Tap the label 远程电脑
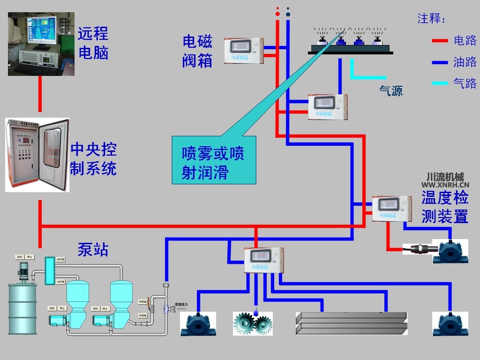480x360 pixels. coord(93,43)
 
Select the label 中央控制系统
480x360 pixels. coord(93,159)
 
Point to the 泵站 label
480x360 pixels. coord(93,249)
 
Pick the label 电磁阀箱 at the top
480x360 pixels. coord(197,51)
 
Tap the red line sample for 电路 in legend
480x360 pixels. coord(440,41)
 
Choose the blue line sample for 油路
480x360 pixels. coord(440,62)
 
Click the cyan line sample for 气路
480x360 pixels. coord(440,83)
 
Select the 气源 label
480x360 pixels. coord(391,90)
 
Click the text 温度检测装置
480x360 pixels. coord(444,207)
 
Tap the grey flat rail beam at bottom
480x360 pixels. coord(352,323)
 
